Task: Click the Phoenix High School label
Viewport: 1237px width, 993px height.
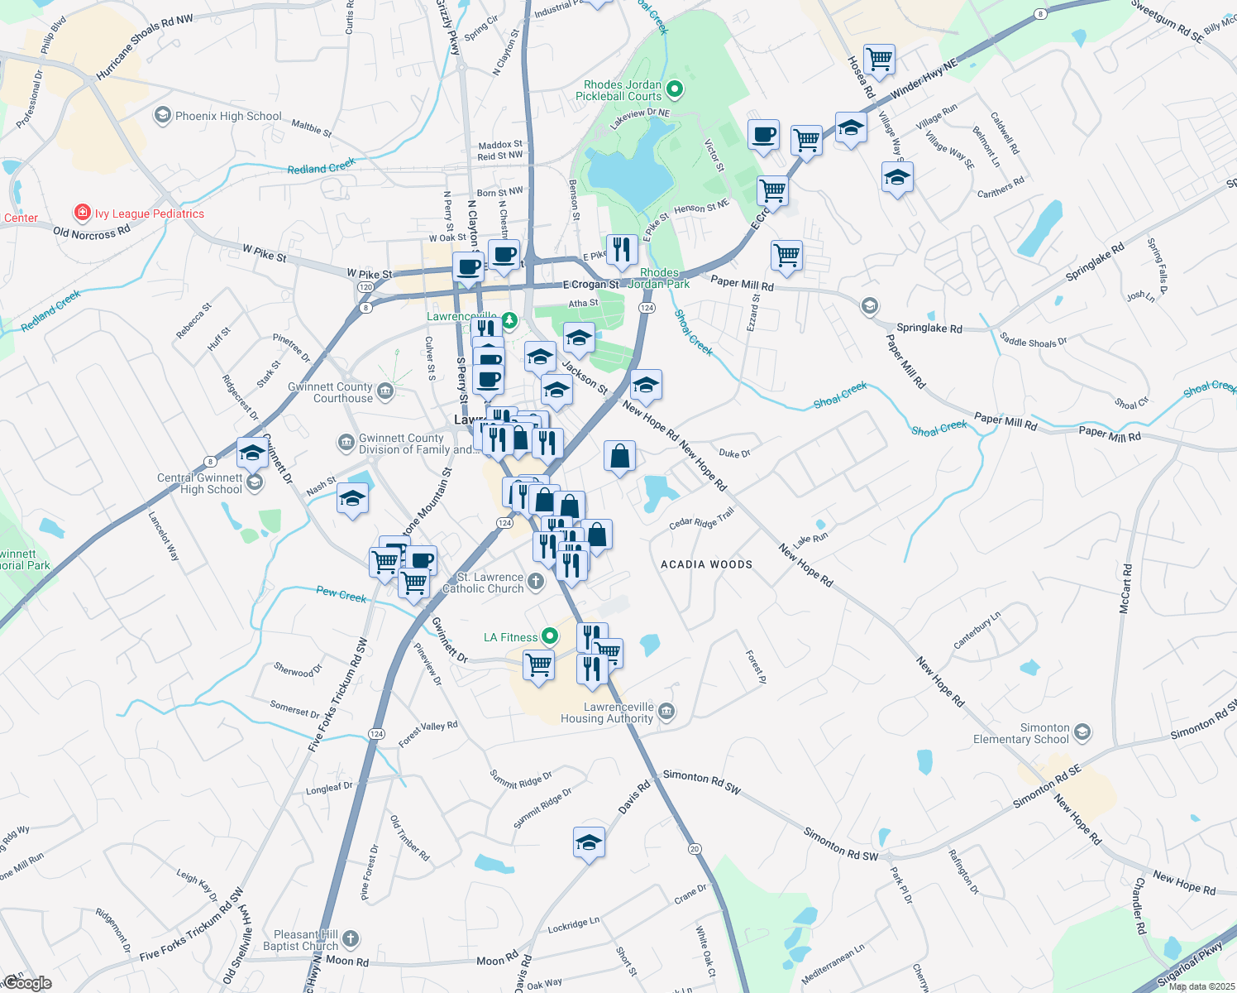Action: pos(228,117)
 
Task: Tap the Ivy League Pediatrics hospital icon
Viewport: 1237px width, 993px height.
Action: pos(82,213)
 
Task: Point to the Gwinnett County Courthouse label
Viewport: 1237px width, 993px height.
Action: pos(331,392)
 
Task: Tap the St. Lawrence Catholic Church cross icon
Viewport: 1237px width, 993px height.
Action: pos(536,582)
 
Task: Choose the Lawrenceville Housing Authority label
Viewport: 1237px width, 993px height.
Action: pos(607,712)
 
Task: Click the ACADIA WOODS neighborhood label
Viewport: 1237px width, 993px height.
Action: pos(706,564)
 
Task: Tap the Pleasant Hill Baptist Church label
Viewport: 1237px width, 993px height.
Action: pos(301,940)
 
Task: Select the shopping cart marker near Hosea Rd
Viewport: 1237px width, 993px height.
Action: pos(879,60)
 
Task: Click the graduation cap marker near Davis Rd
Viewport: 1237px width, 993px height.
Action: pos(589,842)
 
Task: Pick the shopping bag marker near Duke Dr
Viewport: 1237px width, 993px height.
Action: pos(620,455)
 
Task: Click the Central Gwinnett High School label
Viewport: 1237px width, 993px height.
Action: pos(200,483)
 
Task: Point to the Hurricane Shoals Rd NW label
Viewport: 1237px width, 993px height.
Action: pos(144,48)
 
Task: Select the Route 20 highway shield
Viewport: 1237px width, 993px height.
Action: pos(695,849)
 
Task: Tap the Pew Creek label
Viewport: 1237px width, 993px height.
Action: pos(341,594)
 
